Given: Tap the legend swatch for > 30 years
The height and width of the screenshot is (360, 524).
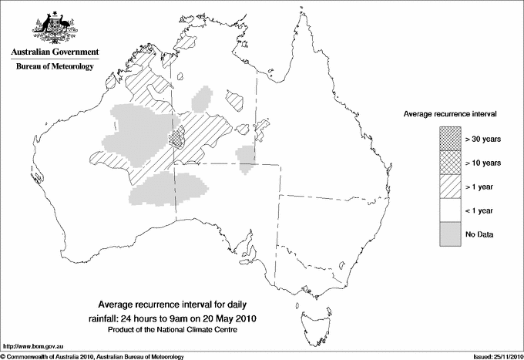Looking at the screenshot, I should pos(449,139).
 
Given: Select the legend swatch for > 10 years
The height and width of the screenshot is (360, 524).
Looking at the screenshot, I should pos(449,163).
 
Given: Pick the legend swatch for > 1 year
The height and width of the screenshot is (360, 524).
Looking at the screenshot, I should pos(449,187).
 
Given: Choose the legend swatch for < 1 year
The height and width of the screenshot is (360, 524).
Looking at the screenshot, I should pos(449,210).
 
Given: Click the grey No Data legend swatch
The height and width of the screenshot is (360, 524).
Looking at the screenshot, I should pos(449,234).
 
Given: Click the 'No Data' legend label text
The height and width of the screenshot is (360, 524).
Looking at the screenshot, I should pos(479,234).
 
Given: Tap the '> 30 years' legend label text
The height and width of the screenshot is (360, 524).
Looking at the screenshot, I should pos(483,139).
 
